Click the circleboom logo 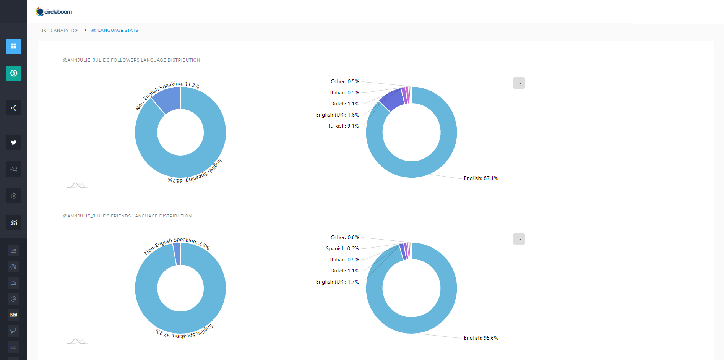54,12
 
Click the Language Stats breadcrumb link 118,30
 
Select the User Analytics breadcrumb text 59,31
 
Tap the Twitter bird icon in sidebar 14,142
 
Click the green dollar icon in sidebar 14,73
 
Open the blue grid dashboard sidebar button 14,46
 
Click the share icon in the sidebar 14,108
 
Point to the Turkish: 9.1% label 343,126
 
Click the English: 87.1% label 481,178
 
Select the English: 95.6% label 481,338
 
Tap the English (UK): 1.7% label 337,282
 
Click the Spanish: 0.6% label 342,248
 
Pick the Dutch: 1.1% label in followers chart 344,104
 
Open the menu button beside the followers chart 519,83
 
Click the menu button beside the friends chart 519,239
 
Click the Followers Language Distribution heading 131,60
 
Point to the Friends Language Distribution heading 127,216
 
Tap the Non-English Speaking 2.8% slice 177,254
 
